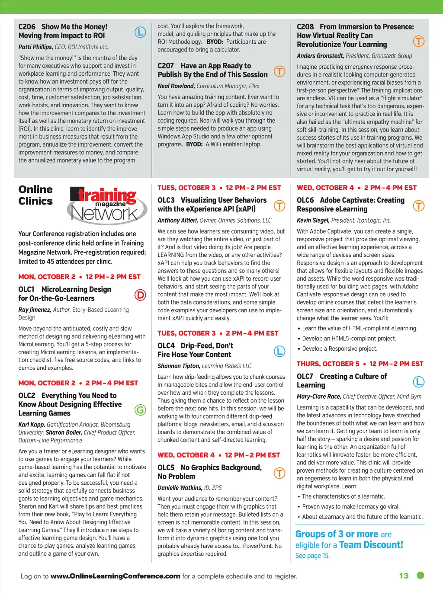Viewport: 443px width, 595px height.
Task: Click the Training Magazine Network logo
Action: pos(103,205)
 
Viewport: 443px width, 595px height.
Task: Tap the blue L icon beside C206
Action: pos(140,32)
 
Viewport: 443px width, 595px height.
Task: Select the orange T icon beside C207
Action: pos(280,71)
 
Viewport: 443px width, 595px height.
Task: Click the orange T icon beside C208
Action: pos(419,41)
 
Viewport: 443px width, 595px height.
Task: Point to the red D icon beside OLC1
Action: pos(140,295)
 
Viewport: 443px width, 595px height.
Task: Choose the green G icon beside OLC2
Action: pos(140,409)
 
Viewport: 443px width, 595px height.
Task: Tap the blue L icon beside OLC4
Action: pos(280,351)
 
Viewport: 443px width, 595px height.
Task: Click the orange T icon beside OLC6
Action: pos(419,206)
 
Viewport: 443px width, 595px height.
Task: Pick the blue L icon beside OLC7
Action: pos(419,382)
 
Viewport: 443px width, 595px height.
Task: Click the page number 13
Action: pos(404,576)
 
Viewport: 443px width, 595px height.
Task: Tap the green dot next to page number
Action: pos(420,575)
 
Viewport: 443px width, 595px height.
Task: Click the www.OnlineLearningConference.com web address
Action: pos(115,576)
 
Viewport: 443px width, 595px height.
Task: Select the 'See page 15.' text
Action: pos(312,556)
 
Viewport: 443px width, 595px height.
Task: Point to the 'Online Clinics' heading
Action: pos(35,195)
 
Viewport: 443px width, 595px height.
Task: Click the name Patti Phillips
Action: pos(35,47)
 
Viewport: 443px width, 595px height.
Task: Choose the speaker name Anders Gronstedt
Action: pos(320,56)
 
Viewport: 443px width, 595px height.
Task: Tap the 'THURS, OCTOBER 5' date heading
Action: pos(328,364)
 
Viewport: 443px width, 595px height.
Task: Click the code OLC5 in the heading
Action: pos(166,467)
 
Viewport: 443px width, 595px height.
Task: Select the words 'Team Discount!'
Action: pos(371,545)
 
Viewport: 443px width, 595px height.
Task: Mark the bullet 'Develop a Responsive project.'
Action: pos(340,349)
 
